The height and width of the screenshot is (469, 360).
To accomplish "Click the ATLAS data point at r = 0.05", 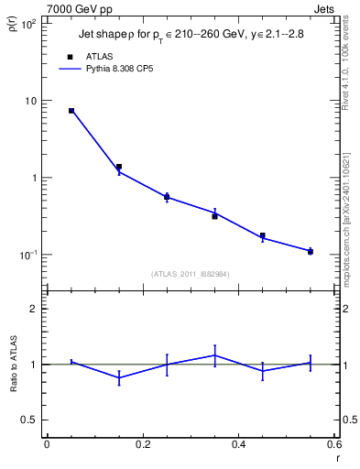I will tap(71, 111).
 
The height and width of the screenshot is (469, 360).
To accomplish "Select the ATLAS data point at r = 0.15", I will tap(119, 167).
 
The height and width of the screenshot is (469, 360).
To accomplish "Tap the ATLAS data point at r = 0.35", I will tap(214, 216).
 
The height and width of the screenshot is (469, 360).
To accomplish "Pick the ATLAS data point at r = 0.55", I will tap(311, 251).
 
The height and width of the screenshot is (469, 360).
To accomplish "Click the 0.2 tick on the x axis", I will tap(142, 444).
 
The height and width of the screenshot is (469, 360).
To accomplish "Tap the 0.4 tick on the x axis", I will tap(238, 444).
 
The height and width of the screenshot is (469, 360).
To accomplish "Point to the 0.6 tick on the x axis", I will tap(333, 444).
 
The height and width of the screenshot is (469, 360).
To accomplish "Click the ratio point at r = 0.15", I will tap(119, 377).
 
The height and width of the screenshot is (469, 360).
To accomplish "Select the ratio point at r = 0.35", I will tap(214, 355).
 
